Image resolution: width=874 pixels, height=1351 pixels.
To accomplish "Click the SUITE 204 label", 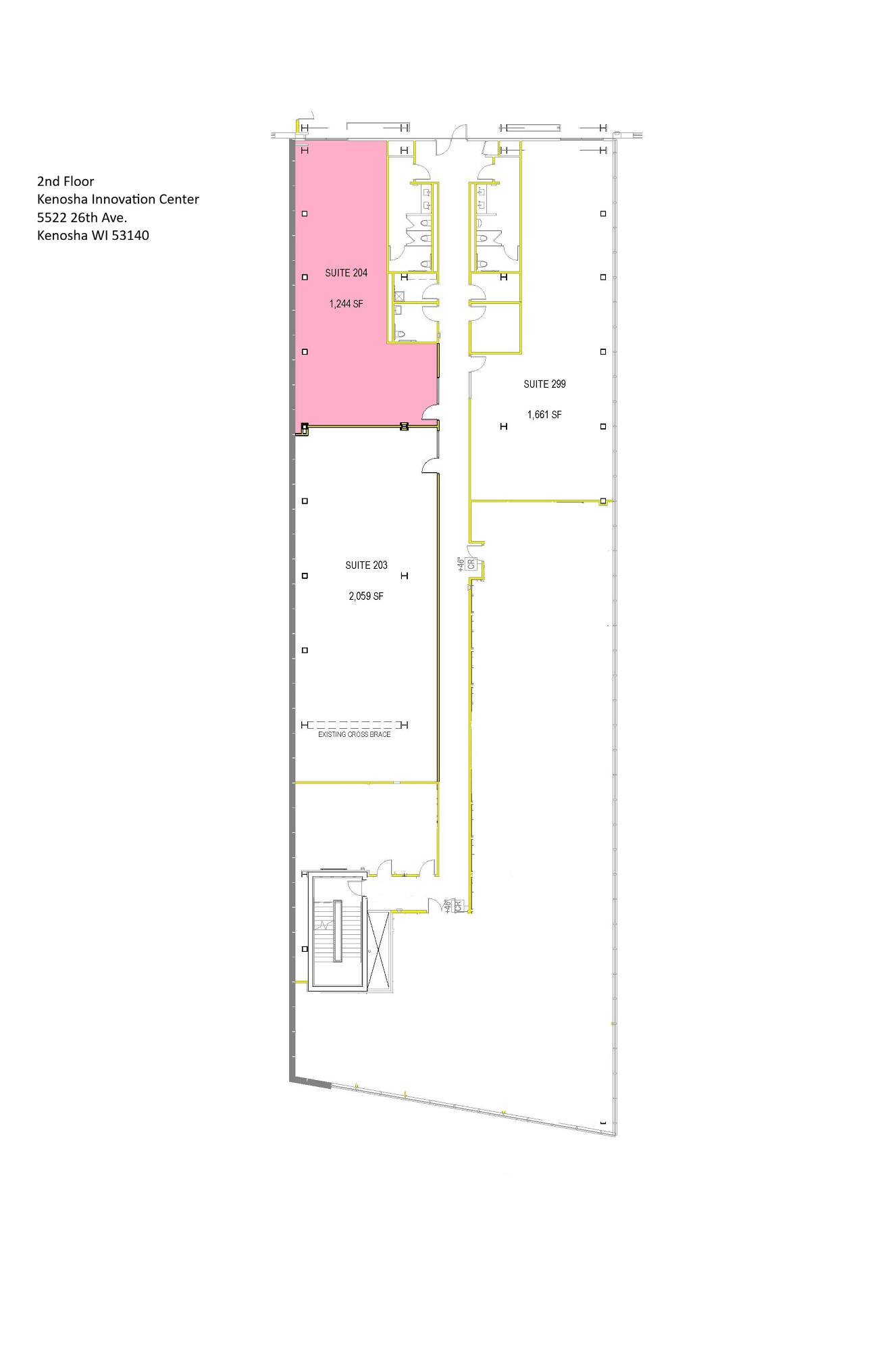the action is (x=346, y=273).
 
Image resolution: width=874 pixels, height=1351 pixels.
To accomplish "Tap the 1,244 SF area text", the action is (x=346, y=304).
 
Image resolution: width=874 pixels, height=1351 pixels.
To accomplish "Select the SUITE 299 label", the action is (x=544, y=384).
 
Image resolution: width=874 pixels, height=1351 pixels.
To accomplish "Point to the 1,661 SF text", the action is (x=544, y=415).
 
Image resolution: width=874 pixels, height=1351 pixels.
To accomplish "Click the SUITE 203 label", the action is (x=366, y=565).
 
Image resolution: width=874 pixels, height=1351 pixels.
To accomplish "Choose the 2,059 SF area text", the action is (x=366, y=596).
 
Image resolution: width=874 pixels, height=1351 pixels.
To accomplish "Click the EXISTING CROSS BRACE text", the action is (x=354, y=734).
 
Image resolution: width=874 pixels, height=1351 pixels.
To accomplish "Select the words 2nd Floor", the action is (x=66, y=181).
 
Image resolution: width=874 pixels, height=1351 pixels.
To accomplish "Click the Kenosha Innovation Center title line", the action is (x=118, y=199).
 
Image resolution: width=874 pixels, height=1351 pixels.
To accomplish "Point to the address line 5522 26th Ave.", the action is (x=82, y=218).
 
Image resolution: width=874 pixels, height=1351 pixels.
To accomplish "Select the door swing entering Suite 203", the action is (x=430, y=465).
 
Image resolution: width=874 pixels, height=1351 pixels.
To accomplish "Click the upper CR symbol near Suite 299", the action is (x=471, y=564).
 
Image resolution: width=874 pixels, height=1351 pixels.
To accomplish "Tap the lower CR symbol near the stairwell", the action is (x=457, y=906).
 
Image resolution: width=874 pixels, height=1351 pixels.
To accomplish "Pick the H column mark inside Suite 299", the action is (x=503, y=426).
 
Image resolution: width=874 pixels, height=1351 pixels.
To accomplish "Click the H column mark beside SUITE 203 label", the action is (x=405, y=576).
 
